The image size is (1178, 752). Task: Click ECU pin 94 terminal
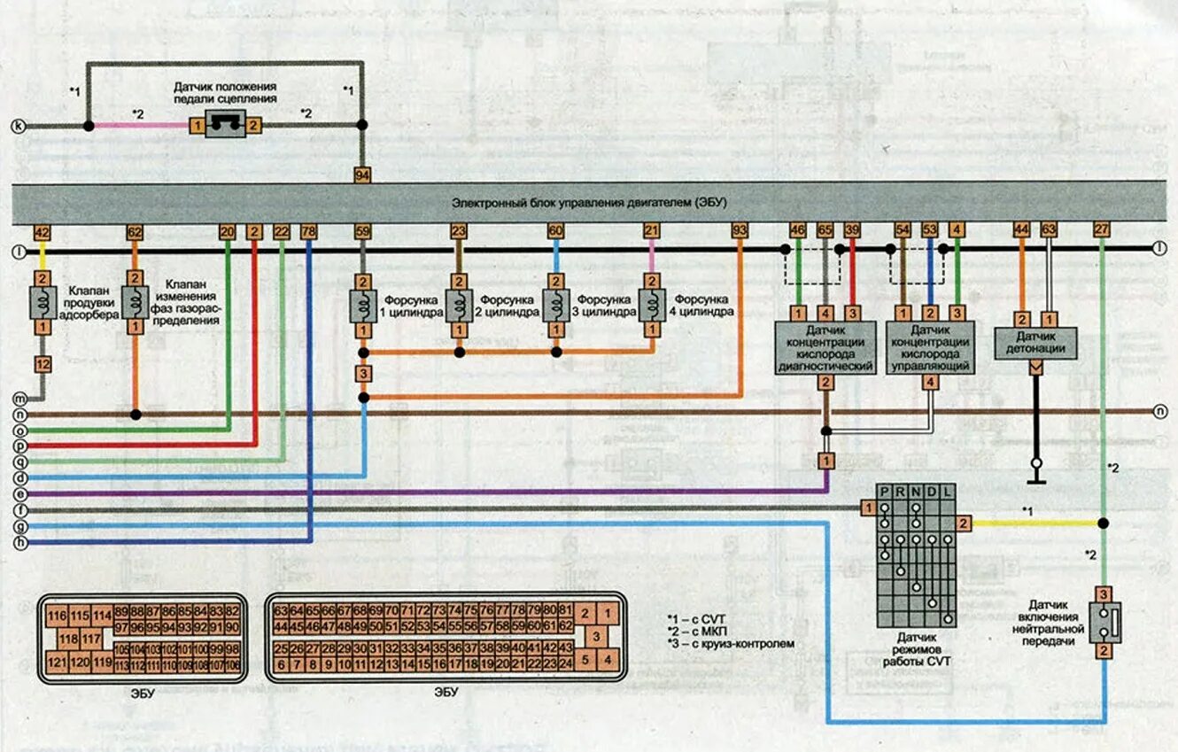pos(362,175)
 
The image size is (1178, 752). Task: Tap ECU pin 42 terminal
pos(41,232)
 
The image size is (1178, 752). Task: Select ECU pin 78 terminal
pos(308,232)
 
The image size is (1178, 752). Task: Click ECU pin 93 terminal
pos(740,232)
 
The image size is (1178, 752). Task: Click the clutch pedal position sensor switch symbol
pos(224,126)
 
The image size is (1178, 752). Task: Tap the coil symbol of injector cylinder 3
pos(555,306)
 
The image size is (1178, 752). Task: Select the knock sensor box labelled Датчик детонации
pos(1035,343)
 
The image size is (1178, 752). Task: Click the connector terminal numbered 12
pos(42,363)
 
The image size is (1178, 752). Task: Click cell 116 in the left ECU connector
pos(58,616)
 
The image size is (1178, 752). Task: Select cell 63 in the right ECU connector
pos(281,610)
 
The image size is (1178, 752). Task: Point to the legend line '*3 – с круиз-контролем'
pos(731,644)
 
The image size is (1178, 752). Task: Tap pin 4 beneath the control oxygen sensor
pos(930,383)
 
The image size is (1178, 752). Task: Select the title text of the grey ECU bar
pos(589,202)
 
